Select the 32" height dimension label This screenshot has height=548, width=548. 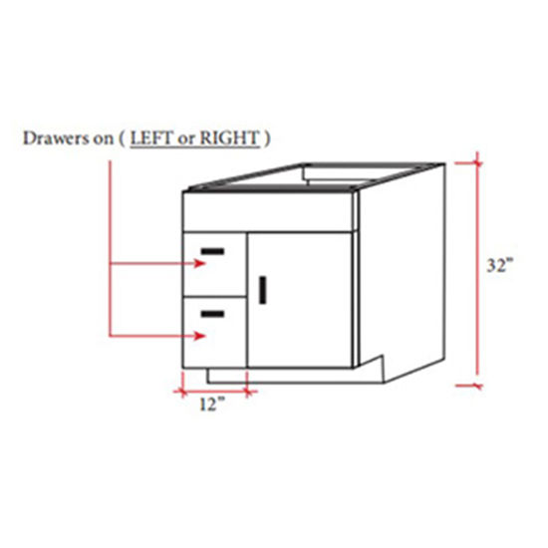(x=499, y=266)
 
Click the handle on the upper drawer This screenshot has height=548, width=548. (x=212, y=250)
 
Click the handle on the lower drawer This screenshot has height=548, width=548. (x=212, y=314)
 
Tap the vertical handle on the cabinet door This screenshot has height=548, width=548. (x=263, y=290)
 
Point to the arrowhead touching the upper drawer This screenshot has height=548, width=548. (x=201, y=265)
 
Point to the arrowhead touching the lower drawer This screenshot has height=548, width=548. (x=201, y=336)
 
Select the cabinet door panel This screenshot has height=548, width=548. (x=299, y=299)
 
